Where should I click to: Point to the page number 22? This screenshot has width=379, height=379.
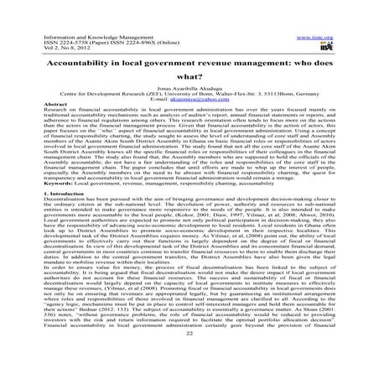pos(189,361)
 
